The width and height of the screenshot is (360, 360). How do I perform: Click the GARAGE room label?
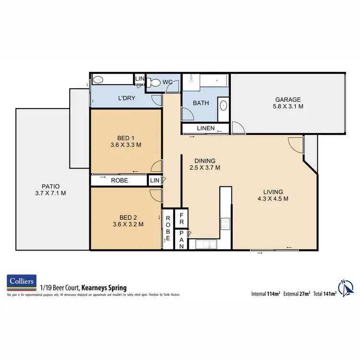(288, 100)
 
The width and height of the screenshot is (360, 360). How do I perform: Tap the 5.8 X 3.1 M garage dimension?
(288, 108)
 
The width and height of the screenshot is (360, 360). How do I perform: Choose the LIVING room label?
(272, 191)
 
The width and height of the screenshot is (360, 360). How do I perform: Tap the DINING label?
(204, 161)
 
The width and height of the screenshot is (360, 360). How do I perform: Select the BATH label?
(200, 103)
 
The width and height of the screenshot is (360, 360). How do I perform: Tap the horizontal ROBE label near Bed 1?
(119, 180)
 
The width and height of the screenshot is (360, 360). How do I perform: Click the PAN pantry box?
(182, 239)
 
